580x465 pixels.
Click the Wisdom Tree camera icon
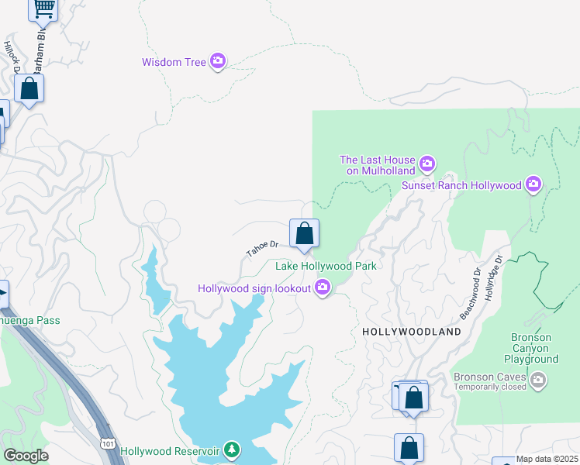218,61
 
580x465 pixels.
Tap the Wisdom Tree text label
173,62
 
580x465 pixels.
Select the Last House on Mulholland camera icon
426,164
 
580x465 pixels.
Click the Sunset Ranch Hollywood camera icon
533,184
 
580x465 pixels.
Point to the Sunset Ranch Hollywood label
461,185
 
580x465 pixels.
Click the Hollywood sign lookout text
254,288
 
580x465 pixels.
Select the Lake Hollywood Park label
326,267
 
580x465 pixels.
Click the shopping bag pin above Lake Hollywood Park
304,233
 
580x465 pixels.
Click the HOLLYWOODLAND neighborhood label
411,332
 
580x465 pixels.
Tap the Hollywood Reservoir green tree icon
231,449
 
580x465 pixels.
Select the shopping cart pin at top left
43,8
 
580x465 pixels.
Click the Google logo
26,456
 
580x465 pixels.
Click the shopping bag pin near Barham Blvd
29,89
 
